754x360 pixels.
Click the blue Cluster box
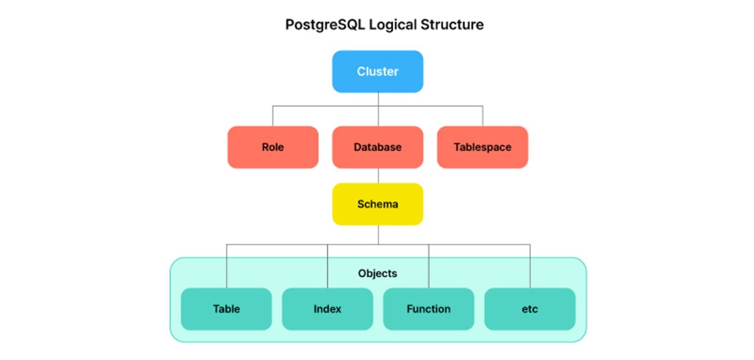(x=378, y=71)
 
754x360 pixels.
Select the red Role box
(x=272, y=147)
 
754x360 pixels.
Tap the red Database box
(x=378, y=147)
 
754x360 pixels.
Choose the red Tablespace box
(x=482, y=147)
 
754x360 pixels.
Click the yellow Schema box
(x=378, y=204)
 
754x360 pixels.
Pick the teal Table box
(x=227, y=308)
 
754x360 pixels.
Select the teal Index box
(x=328, y=308)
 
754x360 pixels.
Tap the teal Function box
(x=429, y=308)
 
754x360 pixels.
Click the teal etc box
(x=530, y=308)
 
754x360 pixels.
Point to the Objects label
(x=378, y=273)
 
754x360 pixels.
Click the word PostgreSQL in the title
(x=325, y=25)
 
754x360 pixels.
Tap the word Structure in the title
(x=451, y=24)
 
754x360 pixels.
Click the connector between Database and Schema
(x=378, y=175)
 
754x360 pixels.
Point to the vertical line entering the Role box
(x=272, y=116)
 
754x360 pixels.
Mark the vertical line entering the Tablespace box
(x=482, y=116)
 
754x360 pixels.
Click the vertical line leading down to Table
(x=227, y=266)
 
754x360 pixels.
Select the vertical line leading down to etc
(x=530, y=266)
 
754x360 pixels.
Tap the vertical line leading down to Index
(x=328, y=266)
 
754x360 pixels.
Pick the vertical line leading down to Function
(x=429, y=266)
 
